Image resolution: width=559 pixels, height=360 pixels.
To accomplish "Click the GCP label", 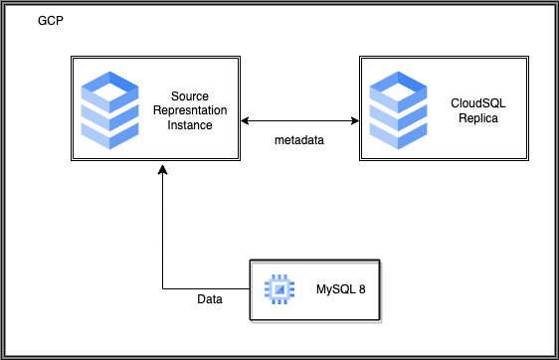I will click(51, 22).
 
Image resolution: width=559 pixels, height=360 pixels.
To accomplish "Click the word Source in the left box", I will click(191, 94).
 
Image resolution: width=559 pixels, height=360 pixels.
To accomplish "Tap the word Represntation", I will click(191, 111).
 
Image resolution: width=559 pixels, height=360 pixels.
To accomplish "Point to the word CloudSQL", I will click(471, 102).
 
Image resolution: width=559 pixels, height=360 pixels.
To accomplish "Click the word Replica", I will click(471, 118).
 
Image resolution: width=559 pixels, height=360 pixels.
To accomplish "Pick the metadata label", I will click(299, 142).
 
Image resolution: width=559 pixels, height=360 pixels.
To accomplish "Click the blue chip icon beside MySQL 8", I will click(279, 289).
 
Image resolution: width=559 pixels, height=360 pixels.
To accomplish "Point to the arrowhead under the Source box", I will click(163, 173).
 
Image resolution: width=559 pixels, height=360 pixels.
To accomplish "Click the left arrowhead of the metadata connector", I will click(245, 121).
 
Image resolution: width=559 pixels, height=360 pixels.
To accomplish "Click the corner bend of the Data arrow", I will click(163, 289).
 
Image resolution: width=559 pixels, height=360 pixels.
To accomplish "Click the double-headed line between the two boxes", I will click(298, 121).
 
